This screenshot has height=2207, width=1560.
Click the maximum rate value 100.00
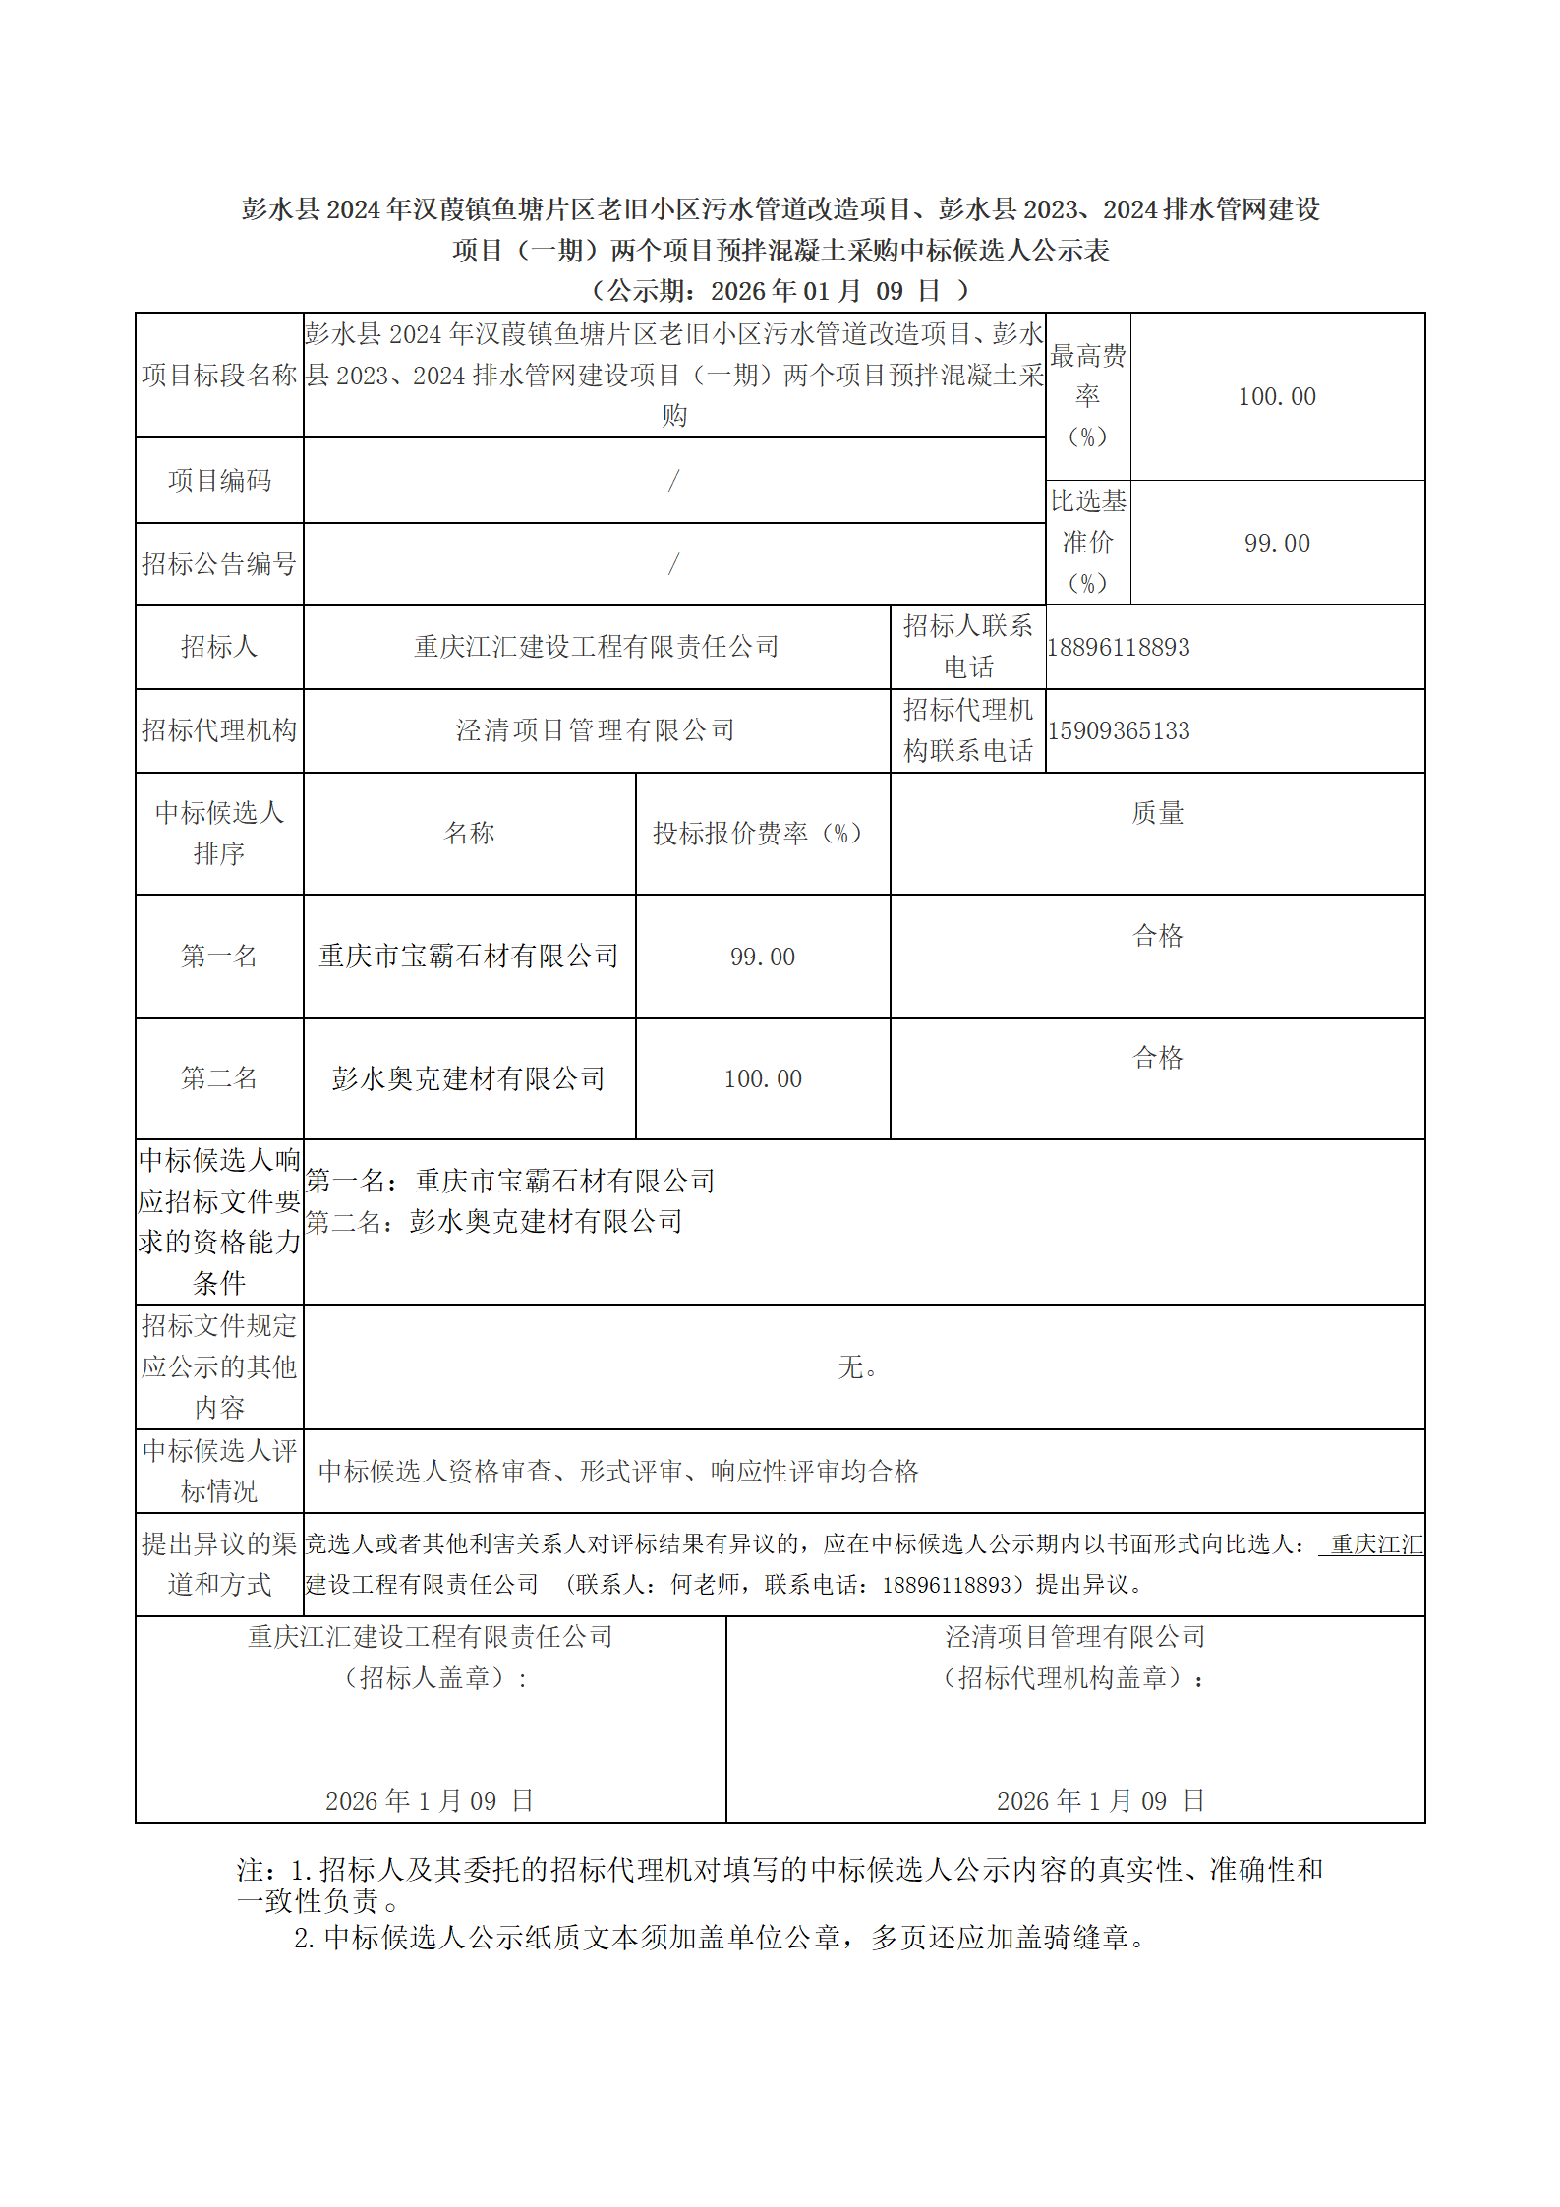click(1276, 397)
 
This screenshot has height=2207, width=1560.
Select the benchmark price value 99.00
click(1276, 544)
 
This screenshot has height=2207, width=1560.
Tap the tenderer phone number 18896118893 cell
click(1119, 648)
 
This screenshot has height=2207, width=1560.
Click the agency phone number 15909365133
click(1119, 731)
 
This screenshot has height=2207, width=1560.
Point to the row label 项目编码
click(219, 481)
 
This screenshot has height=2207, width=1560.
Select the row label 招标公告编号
click(219, 564)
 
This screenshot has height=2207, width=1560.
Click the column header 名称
click(469, 834)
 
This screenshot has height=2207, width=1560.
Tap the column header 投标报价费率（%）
click(762, 834)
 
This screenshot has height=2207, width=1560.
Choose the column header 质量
click(1157, 813)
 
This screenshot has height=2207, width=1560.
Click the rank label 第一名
click(219, 957)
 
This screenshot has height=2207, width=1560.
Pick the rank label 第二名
click(219, 1078)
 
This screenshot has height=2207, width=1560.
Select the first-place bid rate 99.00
click(762, 958)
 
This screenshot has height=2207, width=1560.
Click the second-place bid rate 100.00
click(762, 1079)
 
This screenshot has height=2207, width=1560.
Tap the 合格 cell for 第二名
click(1157, 1058)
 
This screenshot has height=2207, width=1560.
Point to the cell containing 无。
click(857, 1367)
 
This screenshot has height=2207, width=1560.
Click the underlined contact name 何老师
click(704, 1585)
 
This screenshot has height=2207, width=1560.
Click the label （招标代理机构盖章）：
click(1074, 1678)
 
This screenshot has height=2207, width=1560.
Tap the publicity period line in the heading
click(780, 291)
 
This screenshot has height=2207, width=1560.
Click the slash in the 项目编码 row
click(673, 481)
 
